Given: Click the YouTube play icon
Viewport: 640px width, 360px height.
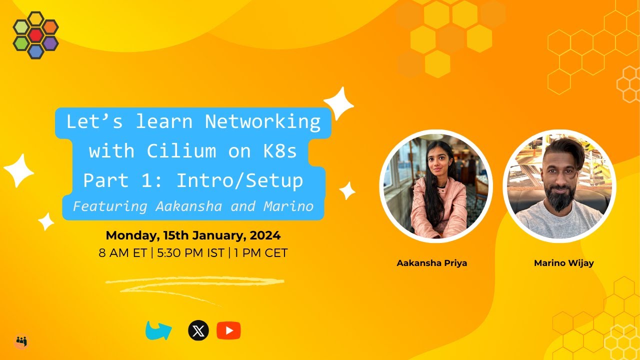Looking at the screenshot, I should tap(228, 330).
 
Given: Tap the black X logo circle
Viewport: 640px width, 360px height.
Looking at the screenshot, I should tap(198, 330).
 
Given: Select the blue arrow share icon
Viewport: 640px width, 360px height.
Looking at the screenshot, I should tap(158, 330).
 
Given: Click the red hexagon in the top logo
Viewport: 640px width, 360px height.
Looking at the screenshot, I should tap(35, 35).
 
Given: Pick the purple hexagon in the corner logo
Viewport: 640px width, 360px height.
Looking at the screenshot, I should tap(50, 43).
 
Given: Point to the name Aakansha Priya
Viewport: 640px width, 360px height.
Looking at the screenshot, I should tap(431, 263).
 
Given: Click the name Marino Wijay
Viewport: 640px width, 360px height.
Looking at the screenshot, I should tap(563, 263).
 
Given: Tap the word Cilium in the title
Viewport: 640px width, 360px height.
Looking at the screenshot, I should tap(182, 150).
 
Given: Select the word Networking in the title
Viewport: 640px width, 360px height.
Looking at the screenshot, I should tap(262, 121).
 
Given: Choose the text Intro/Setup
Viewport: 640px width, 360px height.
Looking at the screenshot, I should tap(239, 180).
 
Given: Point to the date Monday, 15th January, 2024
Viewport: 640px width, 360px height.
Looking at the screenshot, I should tap(193, 235).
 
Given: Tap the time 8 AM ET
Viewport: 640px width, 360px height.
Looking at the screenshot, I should tap(122, 253).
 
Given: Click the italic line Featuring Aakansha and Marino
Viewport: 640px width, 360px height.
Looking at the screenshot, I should tap(193, 206).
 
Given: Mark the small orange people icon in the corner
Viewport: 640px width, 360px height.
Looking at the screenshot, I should tap(21, 341).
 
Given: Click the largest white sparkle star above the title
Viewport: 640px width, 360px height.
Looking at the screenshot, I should tap(339, 103).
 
